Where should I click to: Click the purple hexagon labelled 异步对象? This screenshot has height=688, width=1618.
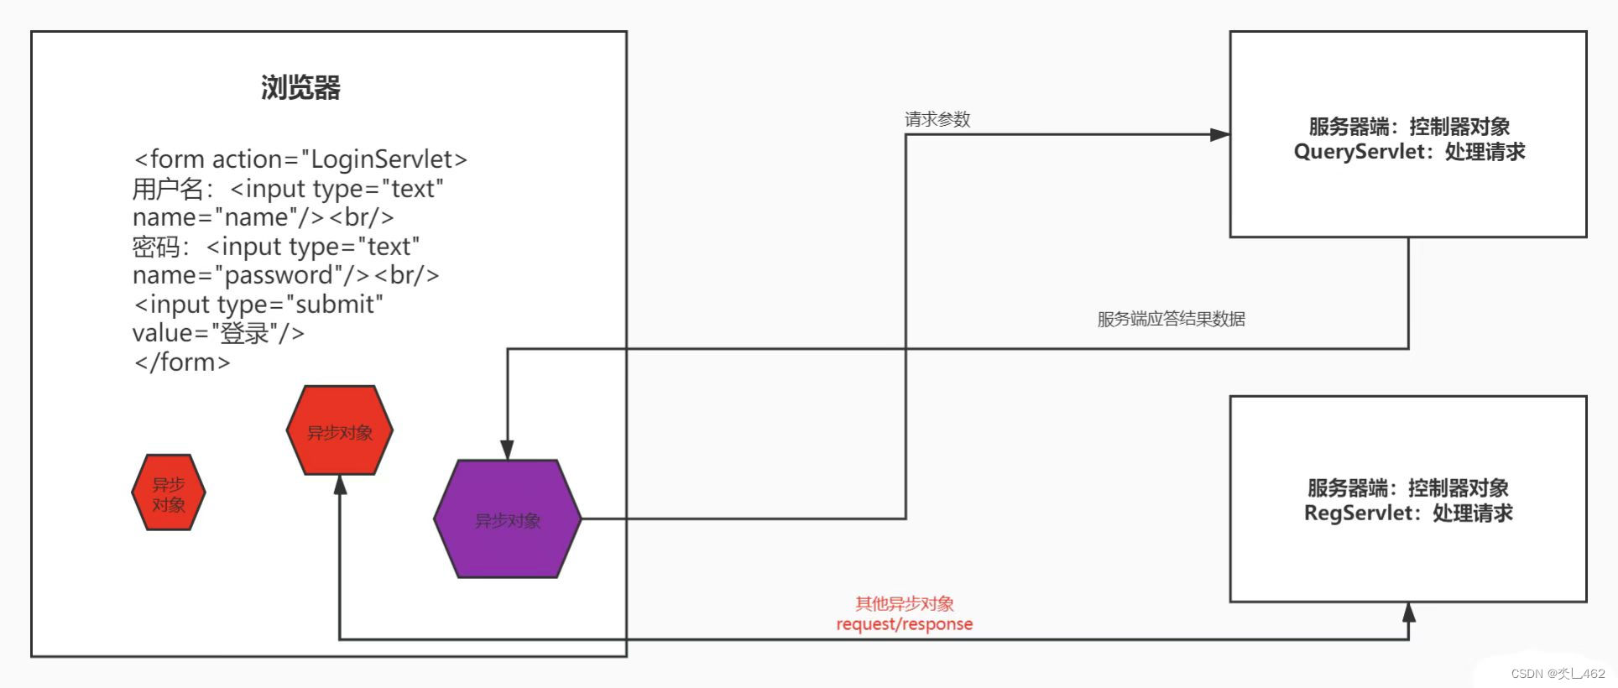[507, 519]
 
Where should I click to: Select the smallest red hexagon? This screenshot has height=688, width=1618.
[169, 493]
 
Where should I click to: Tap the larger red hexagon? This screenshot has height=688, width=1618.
[339, 431]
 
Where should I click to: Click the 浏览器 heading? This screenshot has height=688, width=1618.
[300, 88]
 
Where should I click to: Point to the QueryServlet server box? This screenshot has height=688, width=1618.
[1407, 134]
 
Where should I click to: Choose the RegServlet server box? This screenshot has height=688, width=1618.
[1407, 498]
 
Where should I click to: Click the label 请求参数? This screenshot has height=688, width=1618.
[937, 119]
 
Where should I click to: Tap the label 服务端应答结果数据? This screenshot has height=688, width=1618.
[1171, 319]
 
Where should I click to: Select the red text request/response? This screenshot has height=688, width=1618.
[904, 624]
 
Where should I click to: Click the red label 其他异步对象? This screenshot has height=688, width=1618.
[904, 603]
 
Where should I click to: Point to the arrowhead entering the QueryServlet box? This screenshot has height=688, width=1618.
[1219, 134]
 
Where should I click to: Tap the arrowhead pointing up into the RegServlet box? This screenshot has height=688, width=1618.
[1409, 612]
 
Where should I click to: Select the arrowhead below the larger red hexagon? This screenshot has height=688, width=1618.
[340, 486]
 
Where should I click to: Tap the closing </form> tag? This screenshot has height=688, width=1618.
[181, 362]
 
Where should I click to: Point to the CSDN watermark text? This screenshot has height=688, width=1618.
[1557, 673]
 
